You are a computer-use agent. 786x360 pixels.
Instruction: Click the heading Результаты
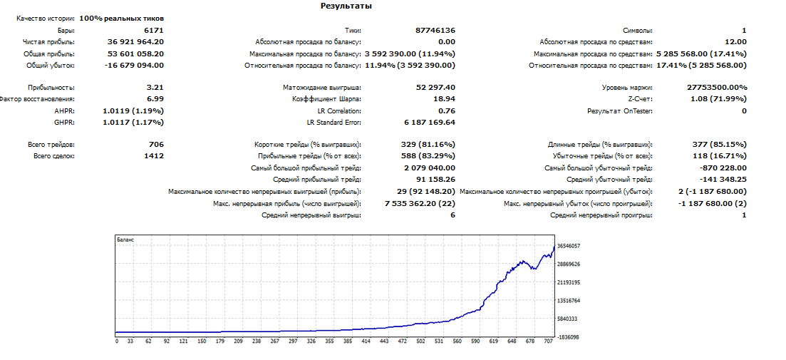pos(346,6)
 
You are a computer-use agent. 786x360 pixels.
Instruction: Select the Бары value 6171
pos(153,31)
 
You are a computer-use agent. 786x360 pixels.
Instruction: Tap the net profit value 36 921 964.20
pos(135,42)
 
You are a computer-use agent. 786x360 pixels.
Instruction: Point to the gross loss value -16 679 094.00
pos(135,65)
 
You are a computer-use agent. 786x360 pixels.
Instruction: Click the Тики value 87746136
pos(435,31)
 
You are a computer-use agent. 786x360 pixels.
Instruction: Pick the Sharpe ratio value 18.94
pos(445,99)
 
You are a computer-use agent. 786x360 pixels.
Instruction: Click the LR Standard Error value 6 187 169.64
pos(430,123)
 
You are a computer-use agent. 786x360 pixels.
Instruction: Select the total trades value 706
pos(157,145)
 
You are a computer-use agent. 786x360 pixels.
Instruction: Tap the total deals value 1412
pos(154,156)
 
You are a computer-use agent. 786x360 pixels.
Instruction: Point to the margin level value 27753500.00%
pos(717,88)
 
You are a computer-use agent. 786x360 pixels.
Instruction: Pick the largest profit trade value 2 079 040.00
pos(430,168)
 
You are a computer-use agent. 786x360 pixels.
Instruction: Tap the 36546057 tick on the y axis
pos(568,246)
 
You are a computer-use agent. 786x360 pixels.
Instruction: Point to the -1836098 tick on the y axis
pos(568,337)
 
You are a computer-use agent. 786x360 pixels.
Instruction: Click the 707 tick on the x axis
pos(548,341)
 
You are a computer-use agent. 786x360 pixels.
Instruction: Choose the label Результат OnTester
pos(620,110)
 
